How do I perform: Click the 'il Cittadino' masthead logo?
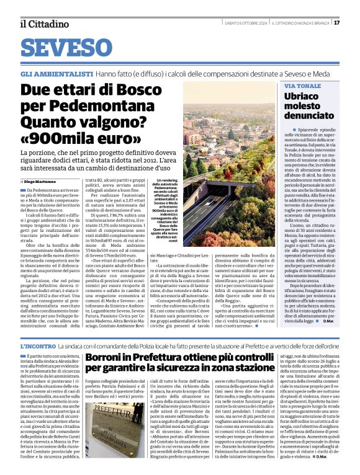click(x=44, y=23)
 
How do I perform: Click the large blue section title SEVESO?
click(x=65, y=48)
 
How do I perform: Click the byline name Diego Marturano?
click(x=41, y=180)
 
